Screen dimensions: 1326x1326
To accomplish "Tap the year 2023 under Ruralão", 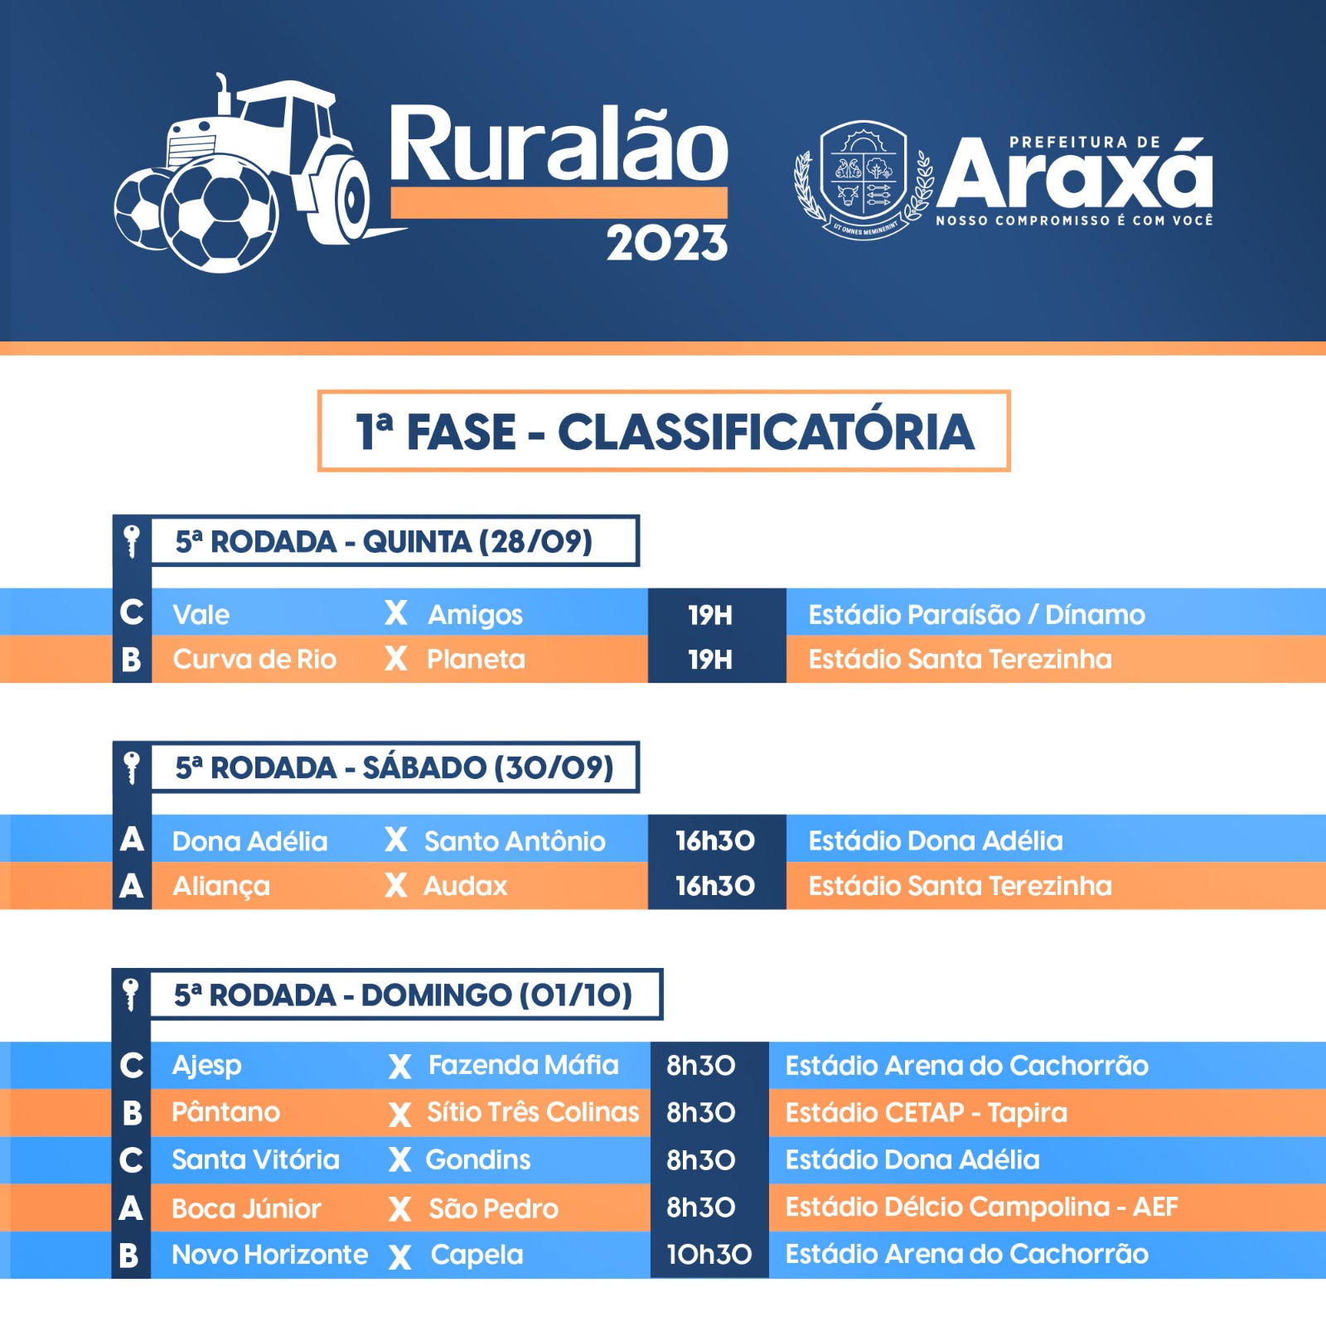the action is pyautogui.click(x=666, y=244).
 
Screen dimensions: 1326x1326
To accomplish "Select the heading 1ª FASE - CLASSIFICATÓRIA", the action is pyautogui.click(x=665, y=432).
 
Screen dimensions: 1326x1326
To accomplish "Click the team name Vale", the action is pyautogui.click(x=201, y=615).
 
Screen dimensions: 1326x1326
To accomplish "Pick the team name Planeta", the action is pyautogui.click(x=476, y=660).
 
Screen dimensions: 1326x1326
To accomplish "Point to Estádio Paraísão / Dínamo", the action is pyautogui.click(x=976, y=614).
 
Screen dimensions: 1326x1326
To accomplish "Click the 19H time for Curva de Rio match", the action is pyautogui.click(x=710, y=660).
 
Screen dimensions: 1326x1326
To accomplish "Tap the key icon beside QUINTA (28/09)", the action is pyautogui.click(x=131, y=542).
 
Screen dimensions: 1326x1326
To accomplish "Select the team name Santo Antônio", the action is pyautogui.click(x=515, y=841).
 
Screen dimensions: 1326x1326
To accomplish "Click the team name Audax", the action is pyautogui.click(x=465, y=886).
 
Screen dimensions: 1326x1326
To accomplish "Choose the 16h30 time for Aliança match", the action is pyautogui.click(x=714, y=886).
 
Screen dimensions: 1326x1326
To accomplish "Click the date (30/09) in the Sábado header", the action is pyautogui.click(x=553, y=767).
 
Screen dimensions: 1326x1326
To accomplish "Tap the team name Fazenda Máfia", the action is pyautogui.click(x=523, y=1065).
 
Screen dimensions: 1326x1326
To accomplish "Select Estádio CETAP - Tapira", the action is pyautogui.click(x=926, y=1113).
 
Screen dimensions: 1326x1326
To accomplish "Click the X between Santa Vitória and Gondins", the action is pyautogui.click(x=399, y=1160).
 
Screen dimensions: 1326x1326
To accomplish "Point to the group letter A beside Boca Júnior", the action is pyautogui.click(x=131, y=1208).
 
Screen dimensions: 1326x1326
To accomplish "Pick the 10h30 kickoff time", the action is pyautogui.click(x=709, y=1255).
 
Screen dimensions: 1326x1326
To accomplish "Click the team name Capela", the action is pyautogui.click(x=477, y=1255).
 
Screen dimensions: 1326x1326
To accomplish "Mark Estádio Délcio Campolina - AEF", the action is pyautogui.click(x=981, y=1207).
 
